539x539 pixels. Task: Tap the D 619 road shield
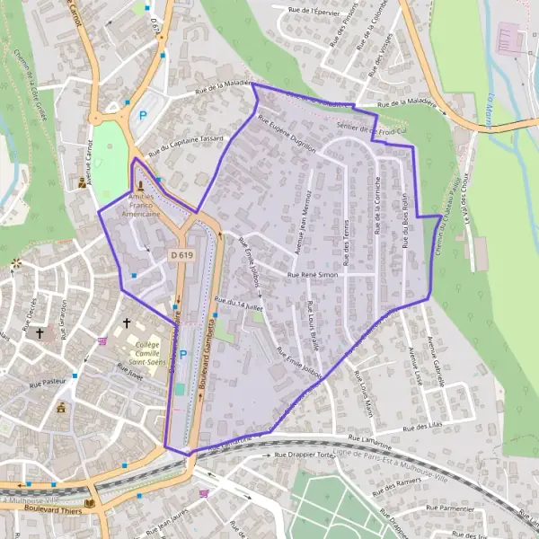[181, 256]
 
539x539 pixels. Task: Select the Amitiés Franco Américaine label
[144, 205]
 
